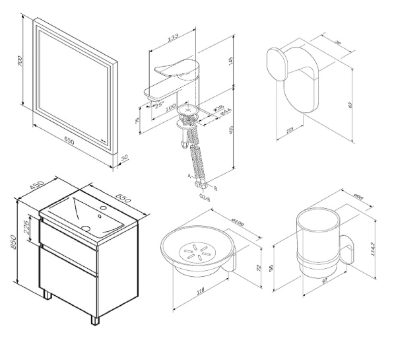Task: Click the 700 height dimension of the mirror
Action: click(21, 62)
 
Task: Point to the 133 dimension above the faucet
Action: click(173, 38)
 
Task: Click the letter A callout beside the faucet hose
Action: click(189, 176)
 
